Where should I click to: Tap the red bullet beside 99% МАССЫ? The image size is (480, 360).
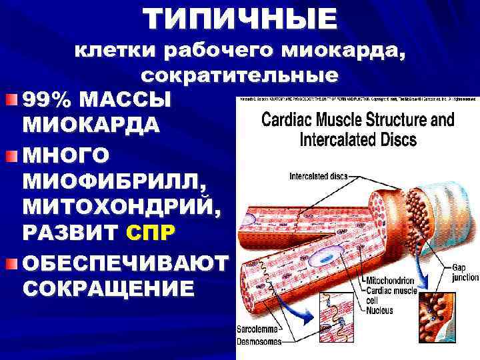click(x=13, y=101)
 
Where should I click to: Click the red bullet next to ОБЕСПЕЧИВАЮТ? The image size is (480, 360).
click(x=13, y=264)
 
